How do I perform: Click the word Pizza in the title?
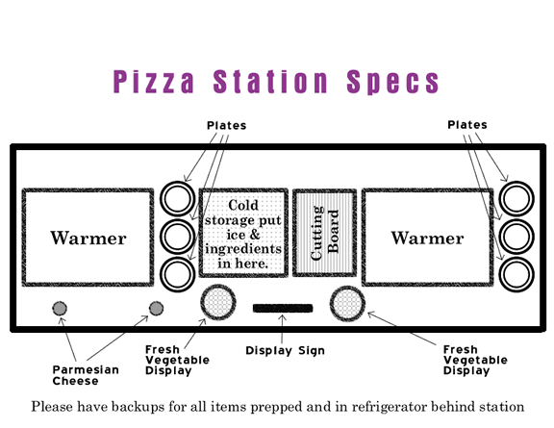154,82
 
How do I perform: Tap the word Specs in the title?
392,82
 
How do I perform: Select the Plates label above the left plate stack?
226,125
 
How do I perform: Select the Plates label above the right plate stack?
467,125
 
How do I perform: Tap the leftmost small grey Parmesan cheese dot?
60,308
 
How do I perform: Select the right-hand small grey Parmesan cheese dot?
156,308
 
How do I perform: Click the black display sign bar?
283,308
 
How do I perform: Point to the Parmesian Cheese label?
86,375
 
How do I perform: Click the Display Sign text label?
285,351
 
